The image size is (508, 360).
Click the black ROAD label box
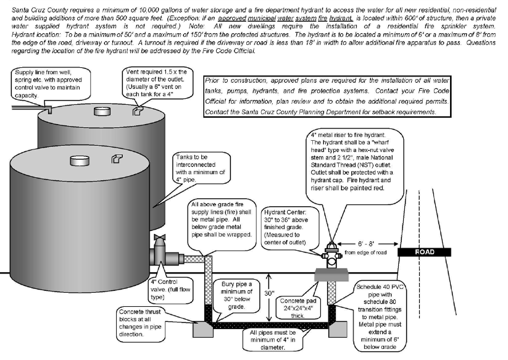click(x=423, y=252)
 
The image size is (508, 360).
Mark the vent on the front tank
click(x=115, y=159)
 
